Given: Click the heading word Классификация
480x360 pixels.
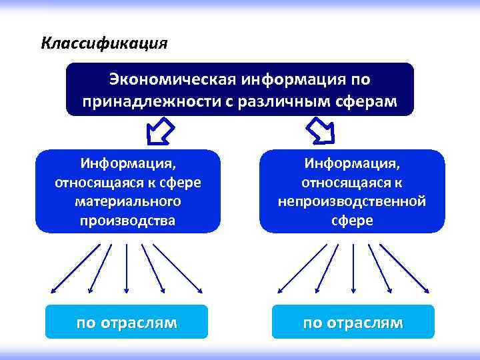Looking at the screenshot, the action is point(104,43).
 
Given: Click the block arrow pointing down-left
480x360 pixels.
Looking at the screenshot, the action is point(159,131).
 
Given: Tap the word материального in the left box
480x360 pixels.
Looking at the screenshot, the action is point(128,201).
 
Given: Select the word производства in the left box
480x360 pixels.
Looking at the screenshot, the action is point(128,219).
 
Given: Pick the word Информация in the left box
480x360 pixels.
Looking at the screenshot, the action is point(127,163).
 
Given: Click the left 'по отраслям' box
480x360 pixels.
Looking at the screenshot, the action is point(127,323).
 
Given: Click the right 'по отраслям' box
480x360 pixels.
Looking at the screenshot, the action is point(353,323).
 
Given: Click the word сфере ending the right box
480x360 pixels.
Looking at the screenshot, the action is point(352,220).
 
